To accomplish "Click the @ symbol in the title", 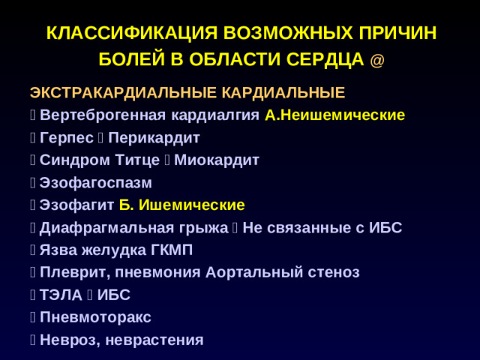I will [378, 60].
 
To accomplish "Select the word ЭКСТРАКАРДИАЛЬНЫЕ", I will [123, 93].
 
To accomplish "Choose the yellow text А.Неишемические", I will [335, 115].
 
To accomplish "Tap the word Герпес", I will [67, 138].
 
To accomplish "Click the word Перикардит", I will [159, 138].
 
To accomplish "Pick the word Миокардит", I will [217, 160].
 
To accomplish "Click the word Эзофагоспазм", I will [95, 183].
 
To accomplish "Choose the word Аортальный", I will [247, 273].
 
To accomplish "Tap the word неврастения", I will [155, 340].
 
